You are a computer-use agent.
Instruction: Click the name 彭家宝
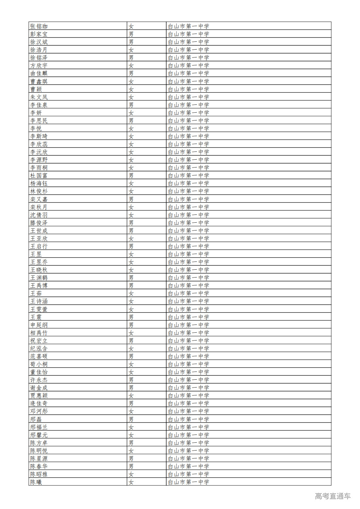click(x=39, y=34)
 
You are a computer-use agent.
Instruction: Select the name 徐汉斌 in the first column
click(x=39, y=42)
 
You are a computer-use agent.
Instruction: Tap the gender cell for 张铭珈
click(x=131, y=26)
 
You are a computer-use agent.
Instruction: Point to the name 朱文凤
click(x=39, y=97)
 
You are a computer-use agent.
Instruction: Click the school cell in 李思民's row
click(x=188, y=120)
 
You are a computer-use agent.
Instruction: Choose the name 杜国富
click(x=39, y=176)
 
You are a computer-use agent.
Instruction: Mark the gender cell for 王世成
click(x=131, y=231)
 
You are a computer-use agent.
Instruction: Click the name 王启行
click(x=39, y=246)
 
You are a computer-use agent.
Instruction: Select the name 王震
click(x=36, y=317)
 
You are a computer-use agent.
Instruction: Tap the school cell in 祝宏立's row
click(x=188, y=341)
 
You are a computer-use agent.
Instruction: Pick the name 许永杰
click(x=39, y=380)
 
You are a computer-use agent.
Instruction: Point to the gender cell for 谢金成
click(x=131, y=388)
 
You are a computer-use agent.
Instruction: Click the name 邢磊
click(x=36, y=419)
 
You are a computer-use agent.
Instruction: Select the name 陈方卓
click(x=39, y=443)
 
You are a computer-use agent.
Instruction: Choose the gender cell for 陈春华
click(x=131, y=466)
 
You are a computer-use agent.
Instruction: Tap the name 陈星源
click(x=39, y=458)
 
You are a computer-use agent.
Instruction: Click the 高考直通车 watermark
click(x=333, y=496)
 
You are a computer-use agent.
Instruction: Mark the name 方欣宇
click(x=39, y=66)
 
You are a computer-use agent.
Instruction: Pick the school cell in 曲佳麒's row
click(x=188, y=73)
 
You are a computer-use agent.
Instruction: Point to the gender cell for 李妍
click(x=131, y=113)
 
